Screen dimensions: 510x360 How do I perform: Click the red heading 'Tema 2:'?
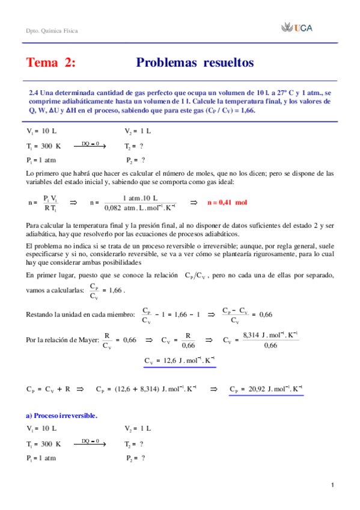(x=51, y=63)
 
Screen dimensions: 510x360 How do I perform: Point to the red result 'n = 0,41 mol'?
(x=227, y=202)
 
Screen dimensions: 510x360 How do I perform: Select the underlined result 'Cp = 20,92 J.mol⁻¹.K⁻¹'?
(x=266, y=389)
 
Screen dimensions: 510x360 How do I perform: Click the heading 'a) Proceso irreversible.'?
(x=63, y=415)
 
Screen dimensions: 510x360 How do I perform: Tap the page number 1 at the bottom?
(x=332, y=485)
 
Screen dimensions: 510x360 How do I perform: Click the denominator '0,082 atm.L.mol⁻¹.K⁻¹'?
(x=140, y=208)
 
